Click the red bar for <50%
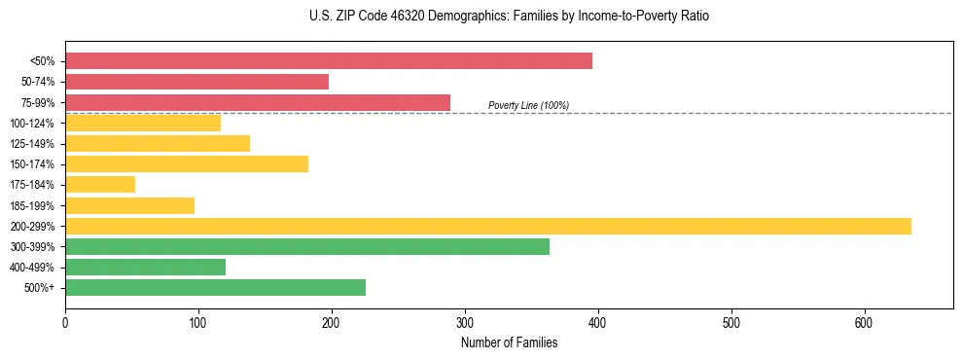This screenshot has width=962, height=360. click(x=328, y=60)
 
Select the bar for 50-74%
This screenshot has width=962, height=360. click(x=196, y=82)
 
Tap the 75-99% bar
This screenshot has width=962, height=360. click(x=258, y=102)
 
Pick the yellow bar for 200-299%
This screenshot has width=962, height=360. click(x=487, y=226)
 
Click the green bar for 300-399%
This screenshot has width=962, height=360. click(x=306, y=246)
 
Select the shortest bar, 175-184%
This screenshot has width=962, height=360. click(x=100, y=184)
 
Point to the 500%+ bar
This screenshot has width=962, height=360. click(x=215, y=287)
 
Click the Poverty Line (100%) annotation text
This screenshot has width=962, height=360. click(x=528, y=105)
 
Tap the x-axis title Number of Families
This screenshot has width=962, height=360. click(x=509, y=342)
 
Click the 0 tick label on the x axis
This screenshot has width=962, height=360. click(x=65, y=321)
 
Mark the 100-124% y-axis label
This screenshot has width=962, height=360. click(x=32, y=124)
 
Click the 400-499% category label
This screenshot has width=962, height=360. click(x=32, y=268)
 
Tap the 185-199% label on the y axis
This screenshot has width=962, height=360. click(x=32, y=205)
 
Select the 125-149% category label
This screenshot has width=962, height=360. click(x=32, y=144)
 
